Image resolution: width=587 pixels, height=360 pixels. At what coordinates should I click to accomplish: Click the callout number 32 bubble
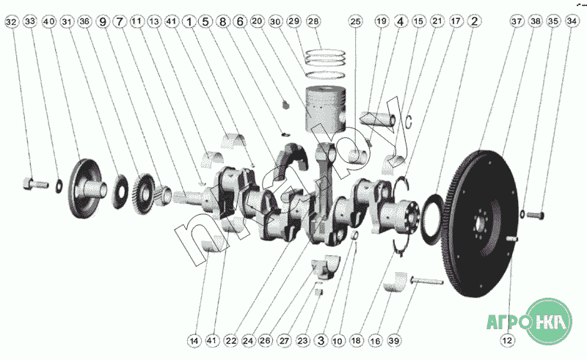pos(12,22)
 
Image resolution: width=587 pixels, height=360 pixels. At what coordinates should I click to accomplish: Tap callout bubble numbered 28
pos(313,21)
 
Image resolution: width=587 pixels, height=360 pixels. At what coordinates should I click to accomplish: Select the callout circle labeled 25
pos(355,21)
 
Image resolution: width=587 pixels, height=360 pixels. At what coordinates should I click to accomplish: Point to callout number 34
pos(572,21)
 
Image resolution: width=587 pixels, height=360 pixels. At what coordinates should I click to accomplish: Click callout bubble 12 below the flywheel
pos(507,340)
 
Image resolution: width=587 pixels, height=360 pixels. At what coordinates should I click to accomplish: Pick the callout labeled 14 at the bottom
pos(194,340)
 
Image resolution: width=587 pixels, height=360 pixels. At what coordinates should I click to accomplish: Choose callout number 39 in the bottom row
pos(394,340)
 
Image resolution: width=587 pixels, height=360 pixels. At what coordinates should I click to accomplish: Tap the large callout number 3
pos(321,340)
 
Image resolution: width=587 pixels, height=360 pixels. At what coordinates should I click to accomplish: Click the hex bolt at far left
pos(35,184)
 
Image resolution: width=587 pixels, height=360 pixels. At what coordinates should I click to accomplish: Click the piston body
pos(326,109)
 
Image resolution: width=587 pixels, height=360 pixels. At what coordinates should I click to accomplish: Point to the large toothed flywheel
pos(481,224)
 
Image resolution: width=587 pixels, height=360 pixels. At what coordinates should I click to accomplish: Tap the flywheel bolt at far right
pos(536,215)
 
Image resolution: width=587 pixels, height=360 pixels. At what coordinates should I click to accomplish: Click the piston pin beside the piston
pos(377,120)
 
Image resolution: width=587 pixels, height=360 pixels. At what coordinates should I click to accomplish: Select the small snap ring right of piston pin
pos(409,121)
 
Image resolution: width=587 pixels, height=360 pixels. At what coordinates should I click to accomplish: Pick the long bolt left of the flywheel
pos(427,280)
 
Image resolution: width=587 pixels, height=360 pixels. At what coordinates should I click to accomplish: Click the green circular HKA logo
pos(549,321)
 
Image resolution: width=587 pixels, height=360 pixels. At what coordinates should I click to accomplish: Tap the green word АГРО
pos(508,321)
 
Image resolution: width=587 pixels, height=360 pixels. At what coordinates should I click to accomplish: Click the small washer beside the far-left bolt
pos(59,186)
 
